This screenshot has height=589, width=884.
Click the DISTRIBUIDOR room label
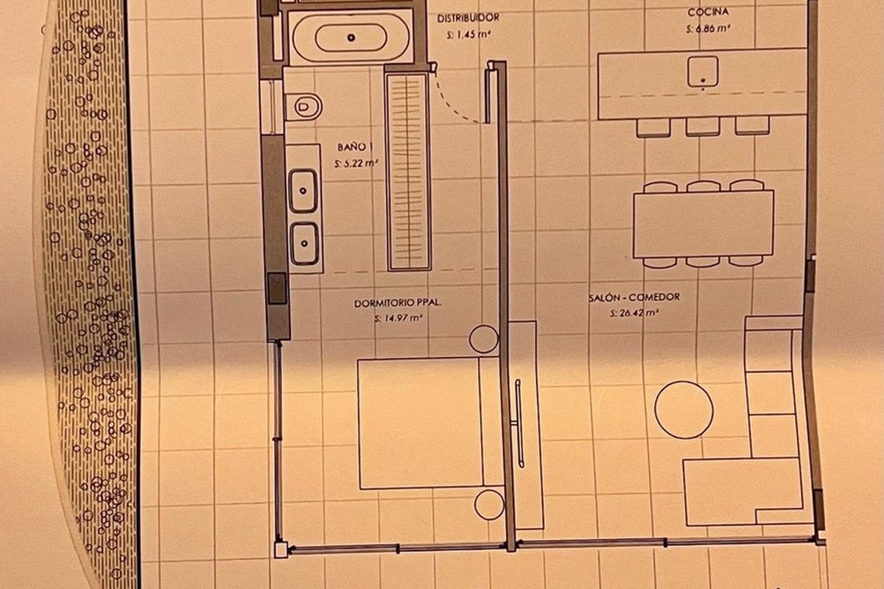pos(469,18)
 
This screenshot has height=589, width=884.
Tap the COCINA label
pos(708,13)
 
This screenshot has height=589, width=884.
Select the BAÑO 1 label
pos(355,147)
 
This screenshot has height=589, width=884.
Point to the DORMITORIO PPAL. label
pos(398,303)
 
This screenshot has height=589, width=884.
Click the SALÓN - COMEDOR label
pos(634,297)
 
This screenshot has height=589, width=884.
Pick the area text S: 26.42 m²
pos(634,313)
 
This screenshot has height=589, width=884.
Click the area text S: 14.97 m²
pos(399,318)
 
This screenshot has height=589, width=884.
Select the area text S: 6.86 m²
pos(708,29)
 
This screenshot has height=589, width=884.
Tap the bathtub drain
pos(351,38)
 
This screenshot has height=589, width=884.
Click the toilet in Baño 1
pos(303,107)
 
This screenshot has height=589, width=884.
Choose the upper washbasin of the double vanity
pos(303,191)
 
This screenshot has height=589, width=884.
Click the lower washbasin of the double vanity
pos(304,244)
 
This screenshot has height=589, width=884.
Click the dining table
pos(704,224)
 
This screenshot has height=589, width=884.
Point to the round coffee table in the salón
pos(684,410)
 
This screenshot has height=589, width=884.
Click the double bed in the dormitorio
pos(430,423)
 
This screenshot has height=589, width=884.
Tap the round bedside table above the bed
pos(484,339)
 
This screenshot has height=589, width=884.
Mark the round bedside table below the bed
pos(489,504)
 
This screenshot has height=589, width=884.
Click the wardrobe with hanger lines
pos(408,172)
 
